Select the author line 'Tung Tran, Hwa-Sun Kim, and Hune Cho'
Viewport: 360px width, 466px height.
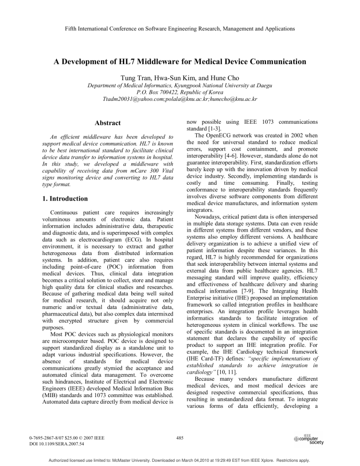click(180, 78)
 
